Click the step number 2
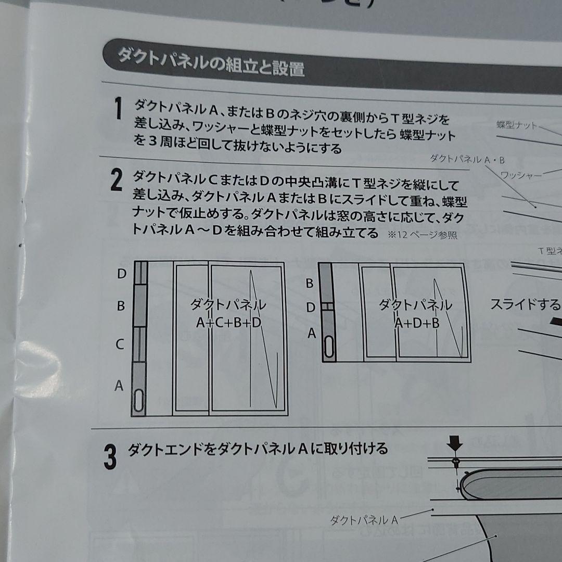click(x=117, y=181)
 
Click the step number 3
click(x=109, y=457)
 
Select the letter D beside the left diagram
click(x=121, y=274)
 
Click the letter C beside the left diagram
click(x=120, y=344)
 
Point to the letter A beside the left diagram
click(x=119, y=386)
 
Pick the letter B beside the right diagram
click(x=309, y=284)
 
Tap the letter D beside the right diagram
click(x=310, y=308)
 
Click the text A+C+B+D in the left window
click(x=229, y=323)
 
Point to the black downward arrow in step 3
click(x=456, y=443)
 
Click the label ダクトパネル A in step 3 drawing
click(x=364, y=519)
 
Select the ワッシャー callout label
click(x=520, y=175)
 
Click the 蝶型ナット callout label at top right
click(x=516, y=125)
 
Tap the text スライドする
click(x=526, y=304)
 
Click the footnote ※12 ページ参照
click(x=422, y=235)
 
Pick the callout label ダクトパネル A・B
click(x=467, y=159)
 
